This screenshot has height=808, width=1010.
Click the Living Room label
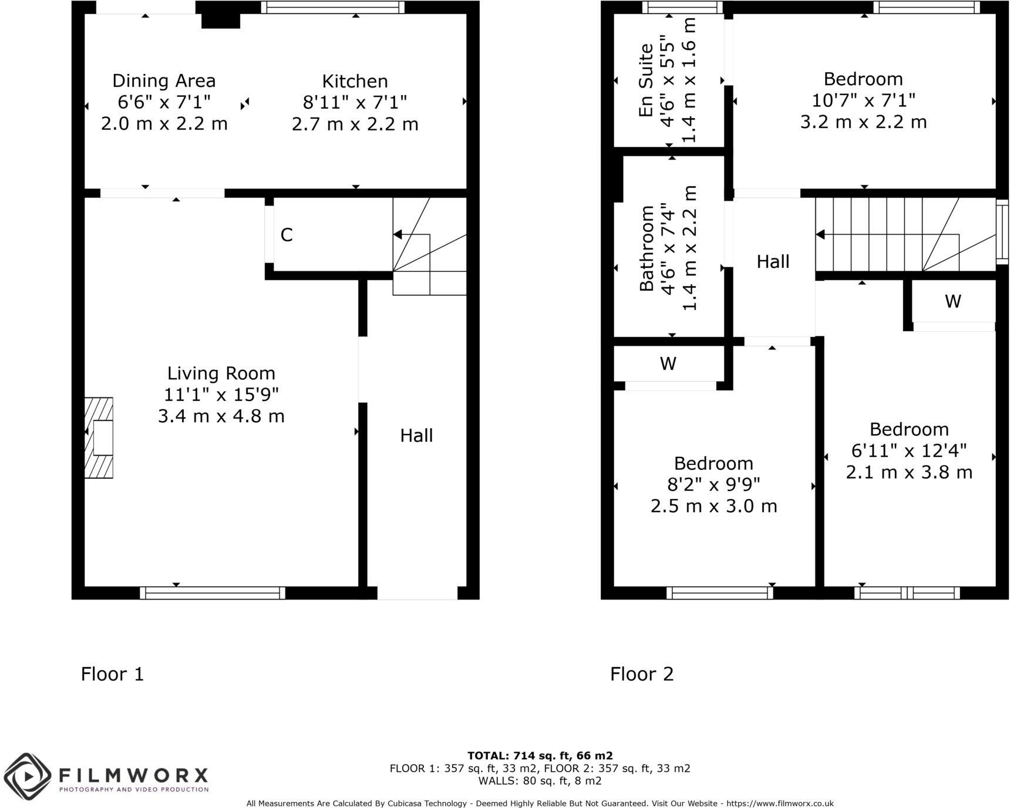(221, 373)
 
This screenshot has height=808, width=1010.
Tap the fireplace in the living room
(99, 437)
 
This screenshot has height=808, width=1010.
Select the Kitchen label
(355, 81)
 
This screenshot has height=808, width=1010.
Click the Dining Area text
(164, 81)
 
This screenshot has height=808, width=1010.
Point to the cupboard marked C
(287, 235)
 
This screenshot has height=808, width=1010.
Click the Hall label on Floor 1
(416, 436)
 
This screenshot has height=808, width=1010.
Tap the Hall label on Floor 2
(773, 262)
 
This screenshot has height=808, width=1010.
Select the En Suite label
(646, 80)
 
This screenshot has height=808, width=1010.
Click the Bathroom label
(647, 248)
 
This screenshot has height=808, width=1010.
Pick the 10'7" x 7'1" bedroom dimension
(863, 100)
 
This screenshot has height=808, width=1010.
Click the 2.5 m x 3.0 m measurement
(713, 506)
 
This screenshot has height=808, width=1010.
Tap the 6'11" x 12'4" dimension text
(909, 451)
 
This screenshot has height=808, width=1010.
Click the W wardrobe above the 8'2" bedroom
(668, 364)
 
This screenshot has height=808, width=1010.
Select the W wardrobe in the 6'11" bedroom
(952, 301)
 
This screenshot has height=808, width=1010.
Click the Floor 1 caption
(112, 674)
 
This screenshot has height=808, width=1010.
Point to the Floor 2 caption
(642, 674)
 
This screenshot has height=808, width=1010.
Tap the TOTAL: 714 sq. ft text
(540, 756)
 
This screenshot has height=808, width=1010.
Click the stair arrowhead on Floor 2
(820, 235)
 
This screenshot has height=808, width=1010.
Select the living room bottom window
(213, 593)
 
